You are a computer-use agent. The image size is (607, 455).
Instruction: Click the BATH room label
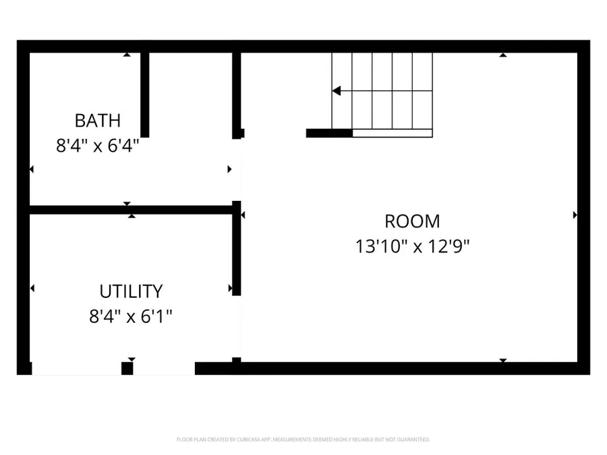(x=98, y=121)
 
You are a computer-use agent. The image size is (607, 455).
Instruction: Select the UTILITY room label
(x=131, y=291)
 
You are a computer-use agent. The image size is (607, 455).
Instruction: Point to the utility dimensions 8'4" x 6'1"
(x=131, y=315)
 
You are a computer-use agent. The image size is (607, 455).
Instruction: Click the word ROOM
(x=412, y=221)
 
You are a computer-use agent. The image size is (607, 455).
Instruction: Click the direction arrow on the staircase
(x=337, y=91)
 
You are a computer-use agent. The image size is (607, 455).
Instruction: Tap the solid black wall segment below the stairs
(x=329, y=133)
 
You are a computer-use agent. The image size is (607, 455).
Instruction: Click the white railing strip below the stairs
(x=392, y=133)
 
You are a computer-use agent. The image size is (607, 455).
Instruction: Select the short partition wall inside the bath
(x=144, y=94)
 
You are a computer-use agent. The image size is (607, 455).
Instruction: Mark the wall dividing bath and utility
(x=132, y=210)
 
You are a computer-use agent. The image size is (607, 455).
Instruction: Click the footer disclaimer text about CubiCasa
(x=303, y=439)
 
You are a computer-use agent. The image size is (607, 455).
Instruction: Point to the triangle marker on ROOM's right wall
(x=575, y=215)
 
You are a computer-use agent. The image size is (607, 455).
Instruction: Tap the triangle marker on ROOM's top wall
(x=502, y=55)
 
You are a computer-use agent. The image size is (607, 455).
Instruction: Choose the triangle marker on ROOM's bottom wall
(x=502, y=361)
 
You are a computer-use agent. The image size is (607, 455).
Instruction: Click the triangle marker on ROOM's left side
(x=242, y=215)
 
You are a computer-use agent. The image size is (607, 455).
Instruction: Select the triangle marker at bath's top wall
(x=127, y=55)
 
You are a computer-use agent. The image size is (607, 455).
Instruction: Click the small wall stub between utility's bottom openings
(x=127, y=368)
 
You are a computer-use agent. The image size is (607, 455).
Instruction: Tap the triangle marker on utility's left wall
(x=32, y=289)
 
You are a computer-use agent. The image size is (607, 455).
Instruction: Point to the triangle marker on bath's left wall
(x=31, y=169)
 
